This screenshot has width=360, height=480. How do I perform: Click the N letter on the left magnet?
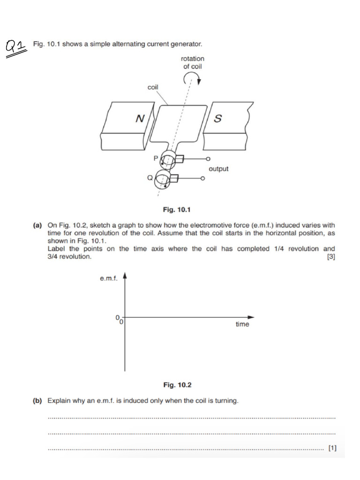pyautogui.click(x=139, y=119)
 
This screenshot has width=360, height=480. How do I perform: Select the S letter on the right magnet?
pyautogui.click(x=217, y=119)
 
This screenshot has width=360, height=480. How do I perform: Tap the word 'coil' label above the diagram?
pyautogui.click(x=153, y=87)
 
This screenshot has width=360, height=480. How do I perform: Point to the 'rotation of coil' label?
pyautogui.click(x=192, y=62)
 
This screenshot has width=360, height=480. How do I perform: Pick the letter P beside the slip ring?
pyautogui.click(x=156, y=158)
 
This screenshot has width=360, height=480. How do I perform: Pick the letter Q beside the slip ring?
pyautogui.click(x=150, y=177)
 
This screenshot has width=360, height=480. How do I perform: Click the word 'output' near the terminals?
pyautogui.click(x=218, y=168)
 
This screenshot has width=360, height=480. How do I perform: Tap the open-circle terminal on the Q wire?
pyautogui.click(x=203, y=178)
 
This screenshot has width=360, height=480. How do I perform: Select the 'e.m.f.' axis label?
pyautogui.click(x=108, y=279)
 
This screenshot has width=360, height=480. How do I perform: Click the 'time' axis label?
pyautogui.click(x=242, y=324)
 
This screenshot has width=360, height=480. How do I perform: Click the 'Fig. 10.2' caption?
pyautogui.click(x=177, y=385)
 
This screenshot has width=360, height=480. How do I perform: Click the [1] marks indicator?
pyautogui.click(x=332, y=448)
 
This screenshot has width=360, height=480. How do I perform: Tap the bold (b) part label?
pyautogui.click(x=37, y=401)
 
